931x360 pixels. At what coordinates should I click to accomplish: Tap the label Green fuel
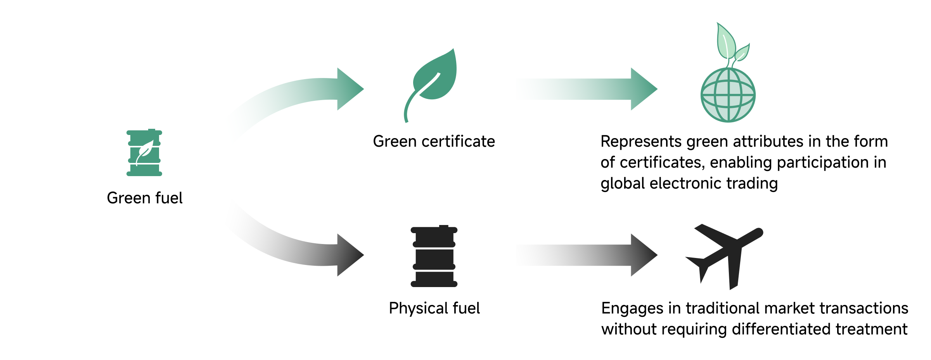[x=144, y=198]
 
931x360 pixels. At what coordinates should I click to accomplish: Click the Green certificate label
[x=434, y=142]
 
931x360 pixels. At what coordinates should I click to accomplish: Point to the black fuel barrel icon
[x=434, y=256]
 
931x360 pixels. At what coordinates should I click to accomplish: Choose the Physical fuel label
[x=434, y=308]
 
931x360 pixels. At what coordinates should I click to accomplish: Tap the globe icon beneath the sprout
[x=728, y=95]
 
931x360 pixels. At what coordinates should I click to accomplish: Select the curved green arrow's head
[x=349, y=89]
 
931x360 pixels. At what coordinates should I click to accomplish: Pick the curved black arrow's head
[x=349, y=255]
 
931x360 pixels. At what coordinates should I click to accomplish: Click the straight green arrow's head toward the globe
[x=643, y=89]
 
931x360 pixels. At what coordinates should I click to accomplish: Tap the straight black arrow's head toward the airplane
[x=643, y=255]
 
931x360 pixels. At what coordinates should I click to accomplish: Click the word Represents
[x=640, y=142]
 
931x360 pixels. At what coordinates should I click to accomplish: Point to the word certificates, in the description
[x=662, y=163]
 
